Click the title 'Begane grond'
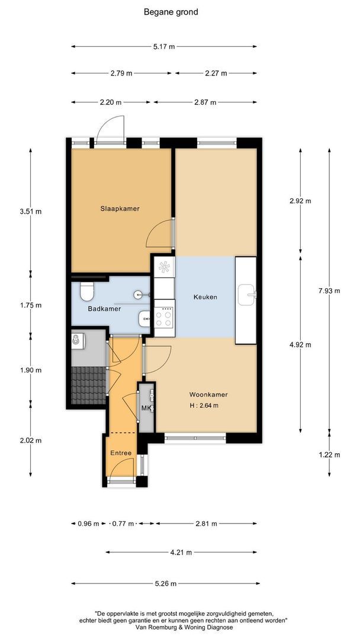pos(171,12)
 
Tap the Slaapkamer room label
pos(120,209)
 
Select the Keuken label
pos(205,297)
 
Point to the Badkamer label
pos(104,309)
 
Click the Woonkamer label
pos(208,395)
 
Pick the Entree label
pos(121,453)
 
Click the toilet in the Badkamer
pos(87,291)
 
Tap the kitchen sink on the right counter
pos(247,294)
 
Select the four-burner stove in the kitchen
pos(164,318)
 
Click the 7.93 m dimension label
pos(329,291)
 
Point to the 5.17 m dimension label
pos(164,47)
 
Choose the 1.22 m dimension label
pos(329,455)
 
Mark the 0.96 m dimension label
pos(88,524)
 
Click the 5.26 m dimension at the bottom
pos(166,583)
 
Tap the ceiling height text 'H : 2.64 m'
pos(204,405)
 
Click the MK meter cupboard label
pos(146,408)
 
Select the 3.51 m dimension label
pos(31,211)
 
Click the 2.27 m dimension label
pos(216,73)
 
